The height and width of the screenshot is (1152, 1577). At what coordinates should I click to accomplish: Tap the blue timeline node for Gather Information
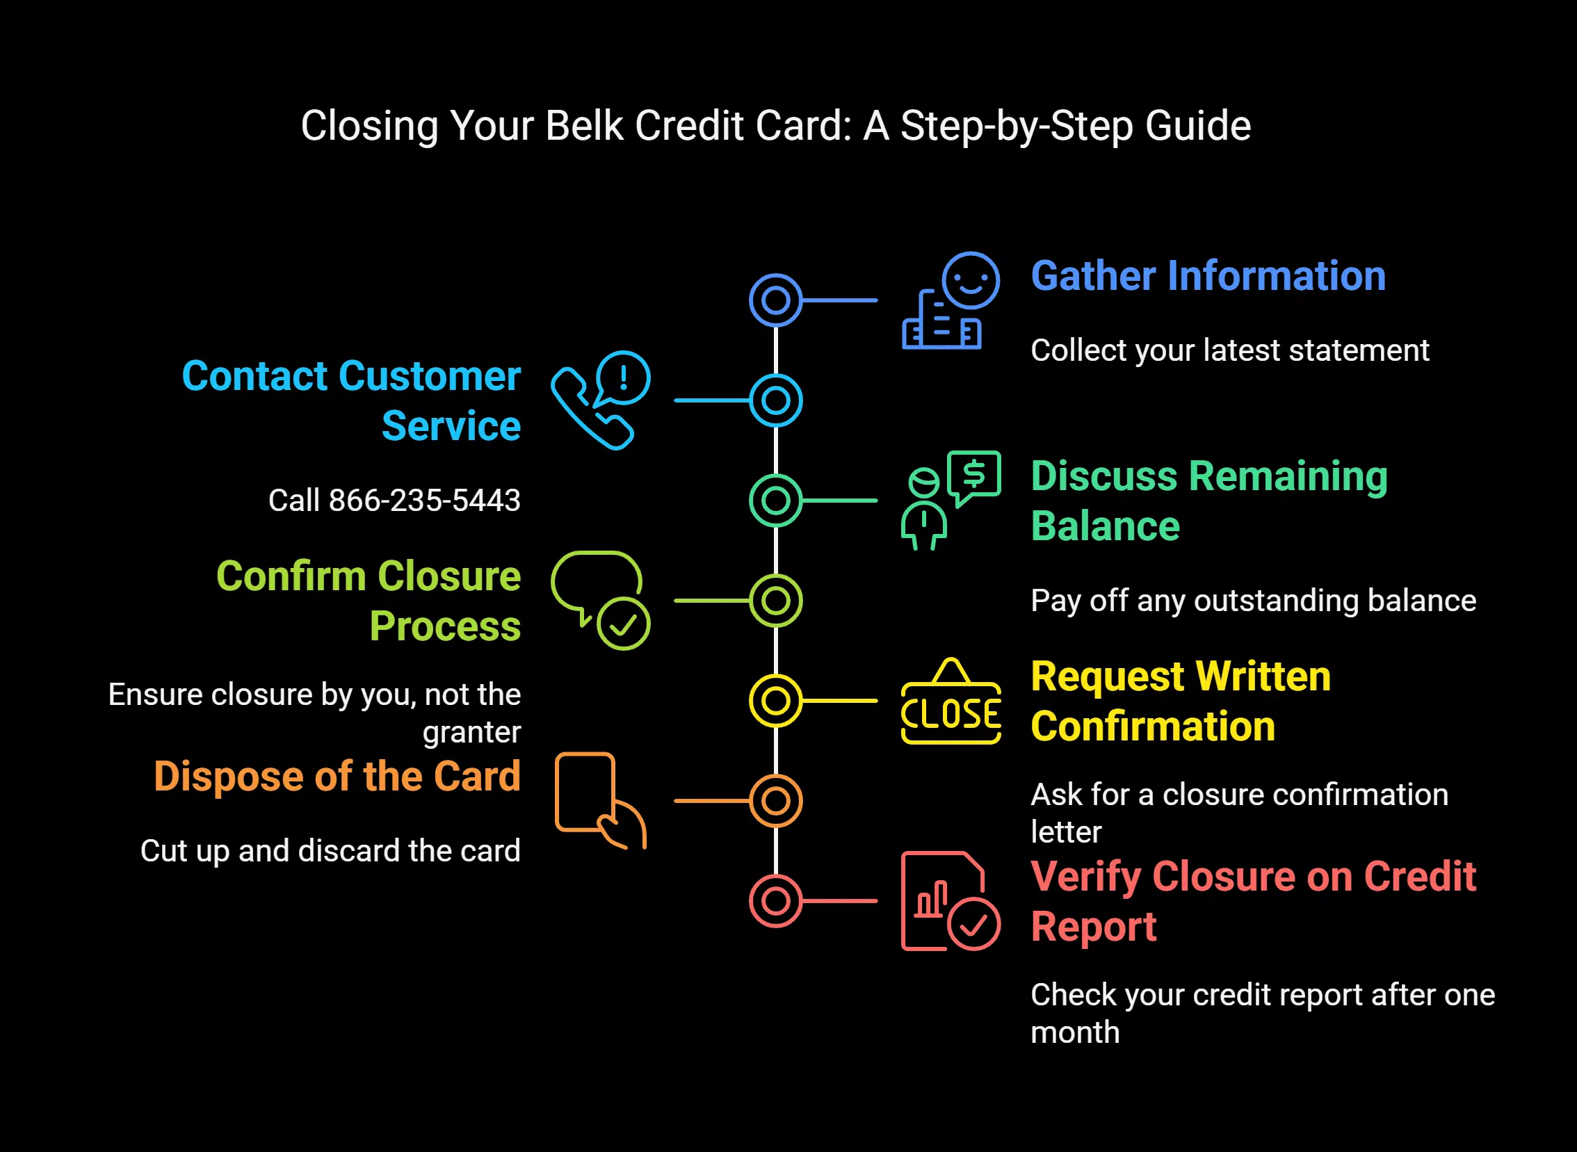775,300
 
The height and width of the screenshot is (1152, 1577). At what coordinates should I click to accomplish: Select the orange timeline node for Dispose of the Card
775,801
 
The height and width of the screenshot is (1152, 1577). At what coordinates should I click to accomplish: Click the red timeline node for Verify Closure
775,901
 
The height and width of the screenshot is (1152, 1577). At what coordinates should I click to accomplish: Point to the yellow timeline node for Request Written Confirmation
775,701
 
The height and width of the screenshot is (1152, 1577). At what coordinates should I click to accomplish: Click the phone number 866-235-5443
424,501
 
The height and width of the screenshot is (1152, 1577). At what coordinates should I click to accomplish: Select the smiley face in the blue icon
970,280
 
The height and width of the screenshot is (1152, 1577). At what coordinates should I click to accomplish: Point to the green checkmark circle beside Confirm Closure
623,624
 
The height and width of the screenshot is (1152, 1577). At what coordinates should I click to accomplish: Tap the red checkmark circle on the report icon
973,924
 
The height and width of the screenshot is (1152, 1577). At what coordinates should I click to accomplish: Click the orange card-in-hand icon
599,800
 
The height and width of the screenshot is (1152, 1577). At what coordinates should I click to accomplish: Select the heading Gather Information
1208,276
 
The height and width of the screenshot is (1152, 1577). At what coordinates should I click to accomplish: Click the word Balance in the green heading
1105,526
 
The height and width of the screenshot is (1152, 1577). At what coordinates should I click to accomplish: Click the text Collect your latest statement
1229,351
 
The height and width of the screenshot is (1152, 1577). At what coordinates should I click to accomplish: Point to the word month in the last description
1075,1032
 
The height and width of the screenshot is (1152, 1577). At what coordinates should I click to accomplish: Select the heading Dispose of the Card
337,777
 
